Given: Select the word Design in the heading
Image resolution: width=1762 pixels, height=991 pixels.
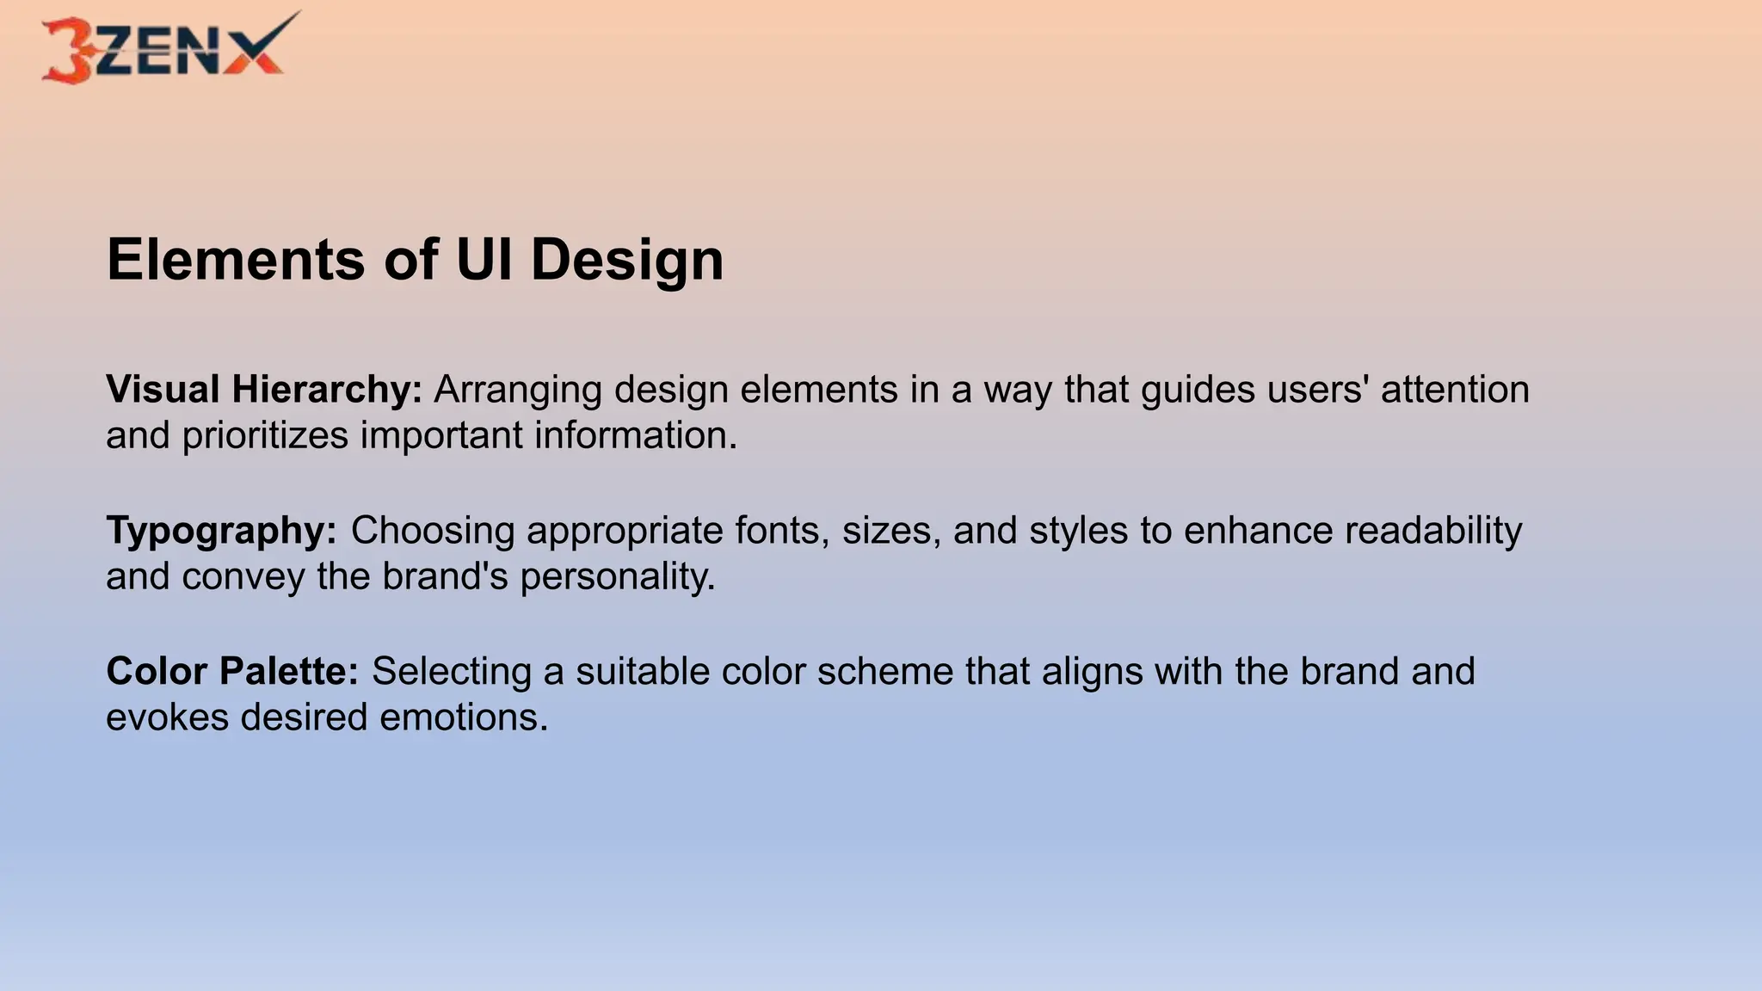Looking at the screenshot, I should [x=627, y=261].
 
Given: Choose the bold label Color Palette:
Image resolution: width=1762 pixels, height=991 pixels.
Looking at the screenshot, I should [x=232, y=672].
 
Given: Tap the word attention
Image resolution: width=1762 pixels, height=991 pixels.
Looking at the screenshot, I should [x=1455, y=390].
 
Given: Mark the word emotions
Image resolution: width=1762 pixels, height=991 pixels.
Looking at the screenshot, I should [x=464, y=717].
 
